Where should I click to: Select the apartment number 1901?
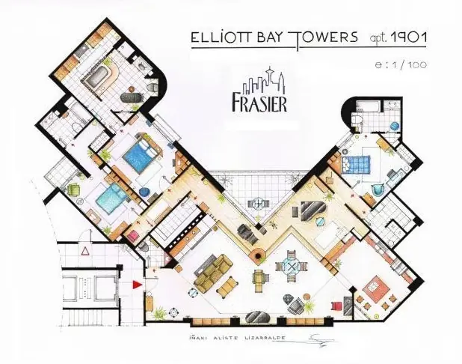409,37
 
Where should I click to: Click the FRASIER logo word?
259,103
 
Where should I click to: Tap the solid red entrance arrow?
138,285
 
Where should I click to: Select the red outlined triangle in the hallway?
85,252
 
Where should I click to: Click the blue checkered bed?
355,163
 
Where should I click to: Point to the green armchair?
74,189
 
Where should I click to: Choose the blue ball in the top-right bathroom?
394,127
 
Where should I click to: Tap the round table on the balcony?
259,202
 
